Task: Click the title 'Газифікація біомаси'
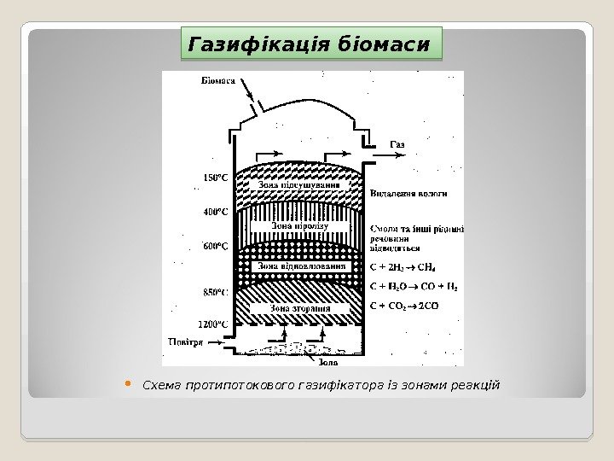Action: pos(308,43)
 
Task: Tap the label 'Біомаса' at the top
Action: pos(219,81)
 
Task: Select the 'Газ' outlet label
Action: pos(397,143)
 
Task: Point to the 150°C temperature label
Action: pos(217,178)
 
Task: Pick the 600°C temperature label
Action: pos(216,247)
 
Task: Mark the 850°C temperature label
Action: pos(216,292)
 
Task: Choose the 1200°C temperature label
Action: pos(213,324)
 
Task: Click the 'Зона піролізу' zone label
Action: pos(293,226)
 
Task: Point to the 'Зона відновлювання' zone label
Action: pos(304,266)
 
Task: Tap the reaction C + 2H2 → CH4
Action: pos(404,266)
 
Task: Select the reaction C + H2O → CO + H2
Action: pos(413,287)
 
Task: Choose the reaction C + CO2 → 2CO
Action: pos(404,306)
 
